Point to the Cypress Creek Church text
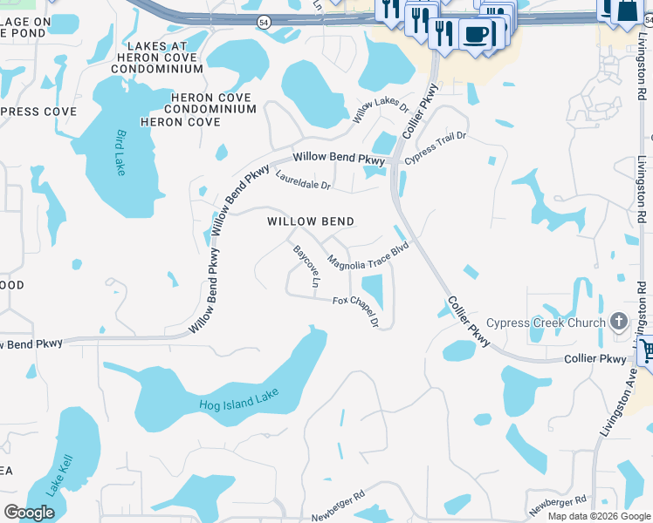pos(546,323)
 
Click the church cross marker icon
pos(619,322)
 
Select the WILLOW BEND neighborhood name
pos(311,221)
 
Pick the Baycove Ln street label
pos(305,265)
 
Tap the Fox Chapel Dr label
pos(355,311)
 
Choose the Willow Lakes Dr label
pos(381,112)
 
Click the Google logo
pos(29,512)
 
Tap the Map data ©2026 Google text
pos(600,516)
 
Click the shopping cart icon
pos(647,351)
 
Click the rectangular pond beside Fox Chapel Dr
pos(372,289)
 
